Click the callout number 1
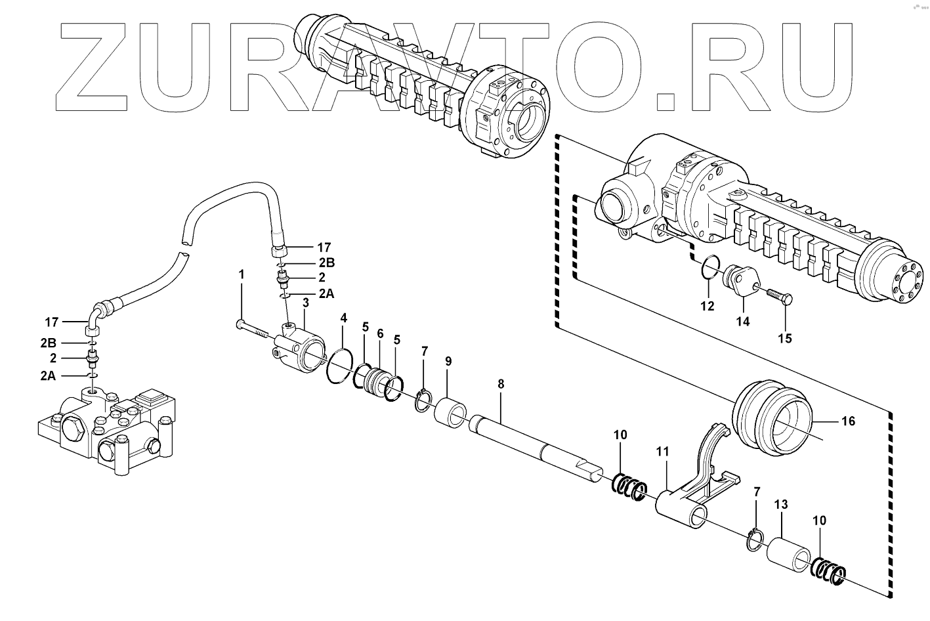241,273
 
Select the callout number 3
305,302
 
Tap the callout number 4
343,318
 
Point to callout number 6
380,333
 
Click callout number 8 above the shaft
501,385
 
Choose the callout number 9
448,361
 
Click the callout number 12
706,306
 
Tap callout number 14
742,322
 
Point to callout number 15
785,339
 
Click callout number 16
849,421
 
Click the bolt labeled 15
778,297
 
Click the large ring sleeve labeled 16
774,418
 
